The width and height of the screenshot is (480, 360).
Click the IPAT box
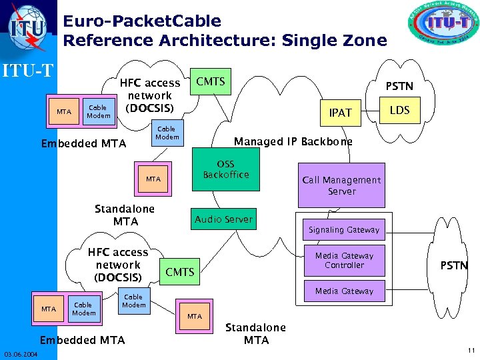pyautogui.click(x=340, y=113)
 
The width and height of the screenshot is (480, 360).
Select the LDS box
pyautogui.click(x=399, y=110)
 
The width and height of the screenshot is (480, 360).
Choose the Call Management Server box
pyautogui.click(x=341, y=185)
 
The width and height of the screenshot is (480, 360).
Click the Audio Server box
pyautogui.click(x=223, y=219)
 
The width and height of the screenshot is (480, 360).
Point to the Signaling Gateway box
pyautogui.click(x=343, y=230)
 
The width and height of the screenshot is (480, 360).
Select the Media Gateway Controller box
pyautogui.click(x=344, y=261)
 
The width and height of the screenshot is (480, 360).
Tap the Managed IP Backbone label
pyautogui.click(x=293, y=142)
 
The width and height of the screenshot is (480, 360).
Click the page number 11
pyautogui.click(x=471, y=351)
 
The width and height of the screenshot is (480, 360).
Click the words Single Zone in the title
pyautogui.click(x=334, y=41)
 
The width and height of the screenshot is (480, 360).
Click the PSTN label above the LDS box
pyautogui.click(x=399, y=86)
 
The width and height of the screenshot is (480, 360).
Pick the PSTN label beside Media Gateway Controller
pyautogui.click(x=453, y=265)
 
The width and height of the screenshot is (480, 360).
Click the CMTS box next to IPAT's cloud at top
pyautogui.click(x=210, y=82)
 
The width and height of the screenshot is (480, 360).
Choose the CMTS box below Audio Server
pyautogui.click(x=180, y=272)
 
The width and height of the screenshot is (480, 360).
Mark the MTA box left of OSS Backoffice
pyautogui.click(x=153, y=179)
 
